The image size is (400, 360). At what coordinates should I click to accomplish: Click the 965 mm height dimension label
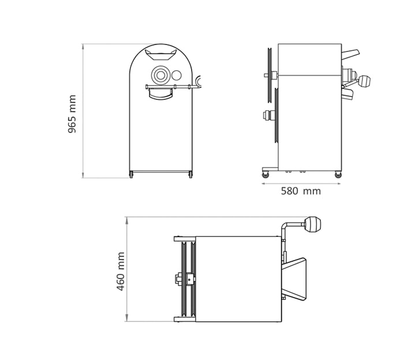click(x=72, y=114)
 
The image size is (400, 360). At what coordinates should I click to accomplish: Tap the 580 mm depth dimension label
click(x=301, y=191)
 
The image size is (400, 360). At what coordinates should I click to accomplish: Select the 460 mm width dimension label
click(x=121, y=272)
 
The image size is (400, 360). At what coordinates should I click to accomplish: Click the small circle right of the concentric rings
click(x=176, y=75)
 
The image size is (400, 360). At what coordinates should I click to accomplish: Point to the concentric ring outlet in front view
click(x=160, y=75)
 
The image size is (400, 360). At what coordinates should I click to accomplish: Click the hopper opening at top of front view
click(x=160, y=54)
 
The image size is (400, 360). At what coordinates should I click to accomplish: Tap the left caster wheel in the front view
click(x=131, y=175)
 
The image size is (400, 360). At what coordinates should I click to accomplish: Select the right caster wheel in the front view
click(x=190, y=175)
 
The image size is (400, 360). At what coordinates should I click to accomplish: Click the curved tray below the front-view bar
click(x=160, y=94)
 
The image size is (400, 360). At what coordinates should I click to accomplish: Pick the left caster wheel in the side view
click(x=266, y=175)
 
